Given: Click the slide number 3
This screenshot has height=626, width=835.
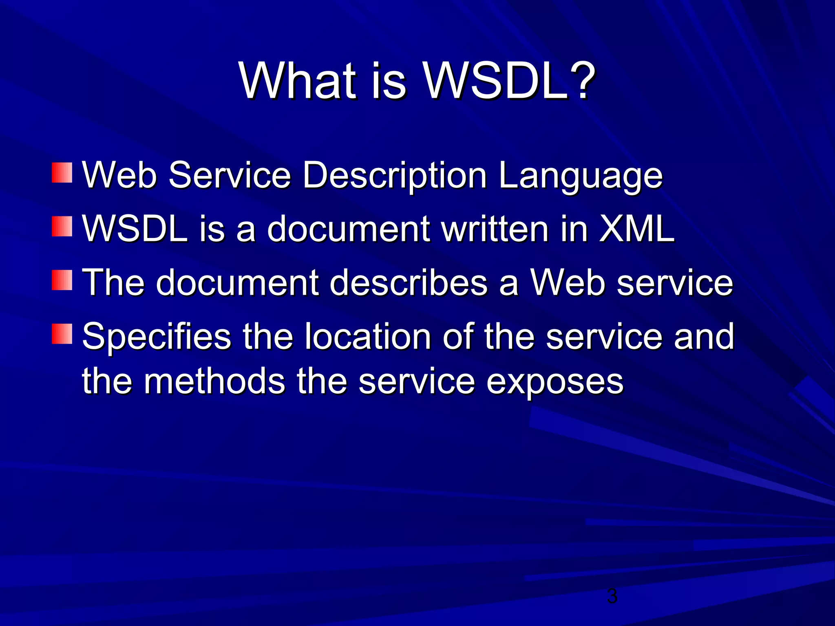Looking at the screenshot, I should click(x=612, y=596).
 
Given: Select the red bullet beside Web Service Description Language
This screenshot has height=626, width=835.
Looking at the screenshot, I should click(x=62, y=173).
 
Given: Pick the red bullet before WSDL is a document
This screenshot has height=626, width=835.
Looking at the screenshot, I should click(x=62, y=227).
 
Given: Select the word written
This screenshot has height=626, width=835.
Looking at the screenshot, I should click(x=495, y=229).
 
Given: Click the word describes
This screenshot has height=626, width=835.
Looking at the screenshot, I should click(x=409, y=282).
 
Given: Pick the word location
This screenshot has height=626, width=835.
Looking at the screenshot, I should click(x=368, y=336).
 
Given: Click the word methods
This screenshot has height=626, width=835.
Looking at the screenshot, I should click(x=214, y=381).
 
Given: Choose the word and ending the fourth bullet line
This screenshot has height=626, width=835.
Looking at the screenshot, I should click(x=704, y=336).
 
